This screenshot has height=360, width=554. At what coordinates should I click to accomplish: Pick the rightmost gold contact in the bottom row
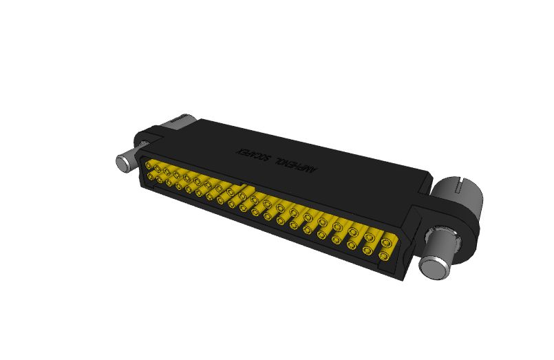click(383, 256)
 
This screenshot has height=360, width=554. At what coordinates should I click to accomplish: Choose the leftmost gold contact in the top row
click(149, 165)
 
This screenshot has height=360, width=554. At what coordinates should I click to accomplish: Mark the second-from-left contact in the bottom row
click(160, 180)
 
